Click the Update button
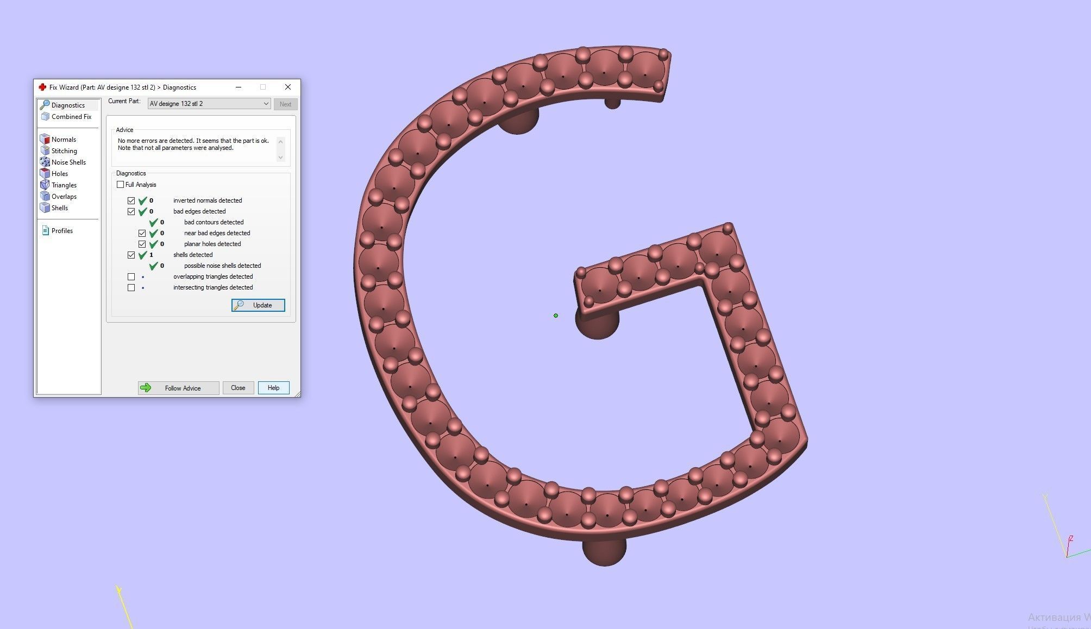258,305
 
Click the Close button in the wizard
238,388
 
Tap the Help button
273,388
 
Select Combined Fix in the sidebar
71,117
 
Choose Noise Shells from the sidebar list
68,162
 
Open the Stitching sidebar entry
64,151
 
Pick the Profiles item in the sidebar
62,231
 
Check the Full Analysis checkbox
121,185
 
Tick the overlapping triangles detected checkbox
131,276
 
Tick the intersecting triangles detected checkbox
131,287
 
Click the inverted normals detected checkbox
131,200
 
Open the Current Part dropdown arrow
266,104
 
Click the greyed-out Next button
285,104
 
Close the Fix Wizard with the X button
288,87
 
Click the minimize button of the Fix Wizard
239,87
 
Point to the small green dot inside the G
556,316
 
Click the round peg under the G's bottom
604,551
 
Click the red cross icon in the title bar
42,87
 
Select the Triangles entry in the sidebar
64,185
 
